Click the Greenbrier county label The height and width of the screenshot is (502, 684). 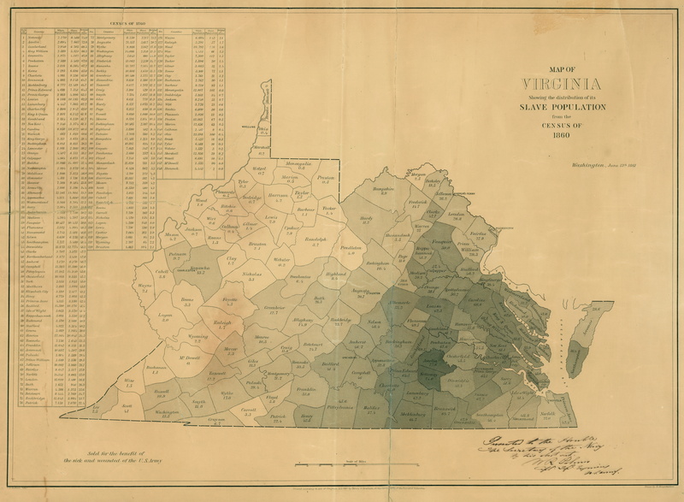(274, 310)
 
